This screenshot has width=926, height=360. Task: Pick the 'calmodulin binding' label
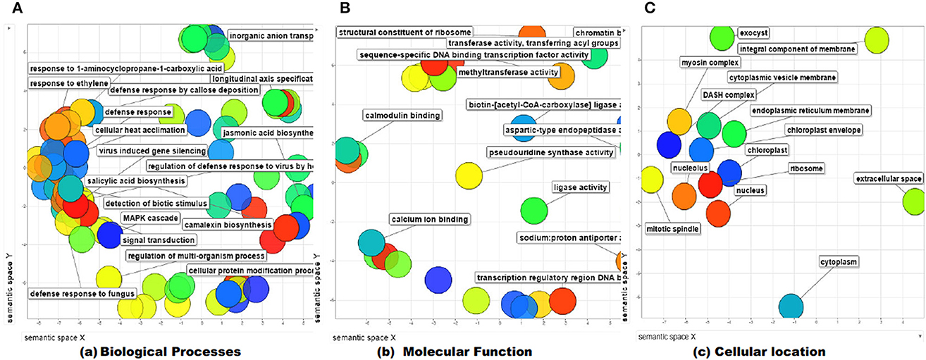pos(402,116)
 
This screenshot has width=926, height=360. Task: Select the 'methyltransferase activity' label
pos(507,72)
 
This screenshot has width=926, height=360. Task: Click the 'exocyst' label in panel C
pos(753,32)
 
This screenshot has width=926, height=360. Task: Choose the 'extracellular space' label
pos(889,179)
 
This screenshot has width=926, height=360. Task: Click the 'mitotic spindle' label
pos(673,228)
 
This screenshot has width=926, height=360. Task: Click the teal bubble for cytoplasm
pos(790,306)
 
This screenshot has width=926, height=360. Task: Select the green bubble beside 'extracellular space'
pos(915,201)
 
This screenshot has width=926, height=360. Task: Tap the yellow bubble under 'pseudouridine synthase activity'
pos(467,176)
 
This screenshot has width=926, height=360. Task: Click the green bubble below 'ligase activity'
pos(534,209)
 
